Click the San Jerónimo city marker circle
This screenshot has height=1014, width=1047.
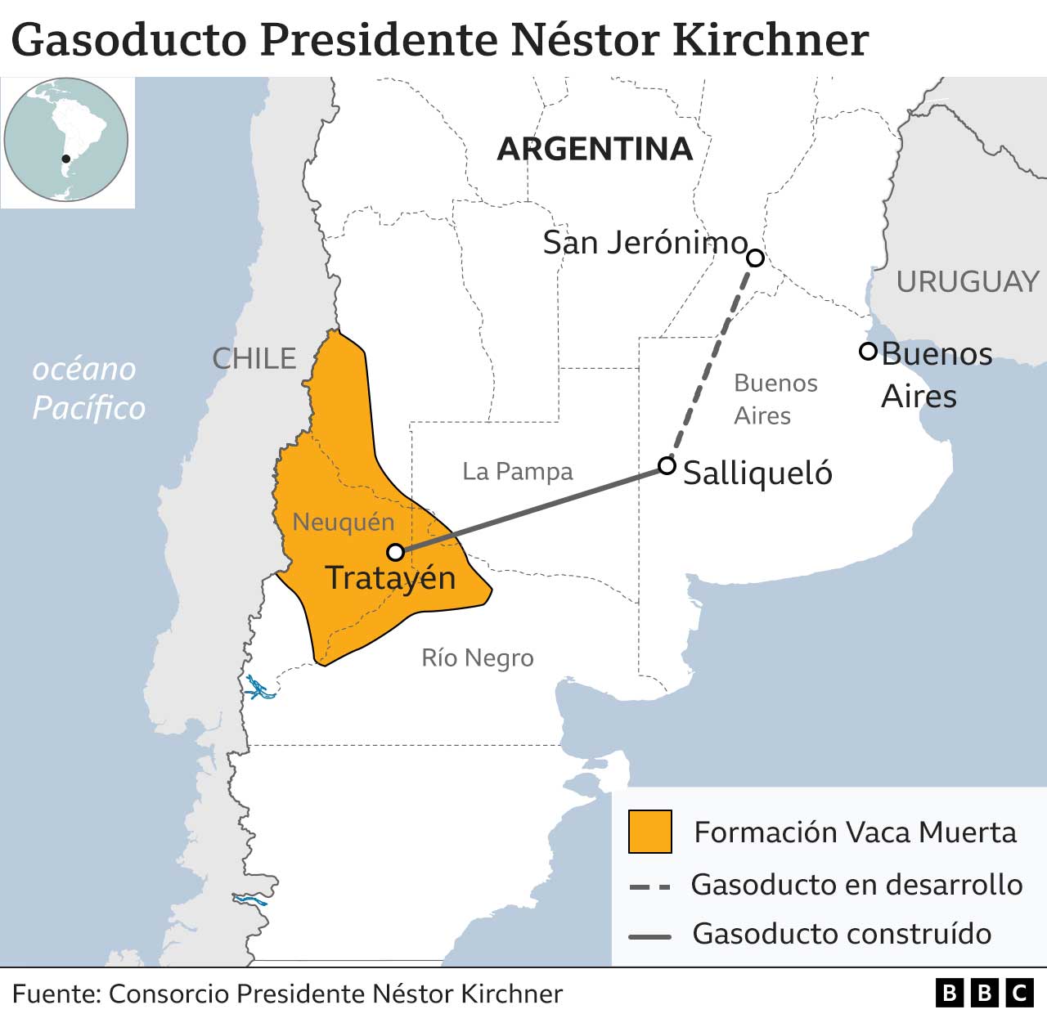[x=756, y=258]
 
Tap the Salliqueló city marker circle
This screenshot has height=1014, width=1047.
[x=667, y=466]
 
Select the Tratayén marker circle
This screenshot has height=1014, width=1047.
[x=395, y=552]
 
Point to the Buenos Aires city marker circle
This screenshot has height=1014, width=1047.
[x=868, y=352]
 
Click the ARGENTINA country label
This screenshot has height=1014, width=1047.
[x=595, y=149]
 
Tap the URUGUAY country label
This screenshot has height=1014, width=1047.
[x=967, y=282]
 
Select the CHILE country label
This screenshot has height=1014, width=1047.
[x=254, y=358]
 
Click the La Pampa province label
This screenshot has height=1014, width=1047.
[x=517, y=472]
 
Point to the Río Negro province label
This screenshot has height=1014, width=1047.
[x=477, y=657]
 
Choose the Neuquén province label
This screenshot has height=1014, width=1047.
[x=343, y=522]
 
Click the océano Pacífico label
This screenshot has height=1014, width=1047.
[x=88, y=388]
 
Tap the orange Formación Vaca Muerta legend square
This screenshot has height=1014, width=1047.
[x=649, y=832]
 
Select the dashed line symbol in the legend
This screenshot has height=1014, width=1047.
[x=649, y=886]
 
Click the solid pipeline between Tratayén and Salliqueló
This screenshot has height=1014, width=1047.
[x=532, y=509]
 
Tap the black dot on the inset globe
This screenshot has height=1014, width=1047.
[x=65, y=159]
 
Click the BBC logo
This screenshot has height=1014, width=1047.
[x=984, y=993]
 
